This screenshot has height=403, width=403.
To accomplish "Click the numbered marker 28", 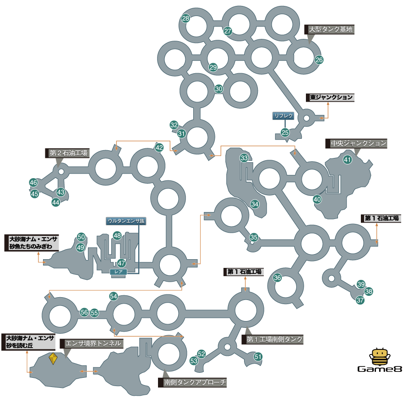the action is pyautogui.click(x=185, y=18).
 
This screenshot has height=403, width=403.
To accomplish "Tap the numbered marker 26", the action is pyautogui.click(x=319, y=60).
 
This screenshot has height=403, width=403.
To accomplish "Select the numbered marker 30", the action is pyautogui.click(x=219, y=89).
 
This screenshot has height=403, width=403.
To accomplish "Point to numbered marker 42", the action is pyautogui.click(x=159, y=147).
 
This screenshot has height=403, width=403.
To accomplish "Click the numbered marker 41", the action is pyautogui.click(x=348, y=160).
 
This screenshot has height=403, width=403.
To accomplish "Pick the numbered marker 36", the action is pyautogui.click(x=278, y=278).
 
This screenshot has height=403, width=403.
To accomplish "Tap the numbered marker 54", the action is pyautogui.click(x=114, y=296).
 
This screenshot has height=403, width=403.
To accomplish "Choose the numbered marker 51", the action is pyautogui.click(x=258, y=356).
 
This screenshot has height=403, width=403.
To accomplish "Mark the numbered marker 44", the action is pyautogui.click(x=56, y=202).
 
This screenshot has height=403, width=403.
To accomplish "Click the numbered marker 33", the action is pyautogui.click(x=244, y=158).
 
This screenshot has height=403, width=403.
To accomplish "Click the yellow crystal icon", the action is pyautogui.click(x=53, y=358).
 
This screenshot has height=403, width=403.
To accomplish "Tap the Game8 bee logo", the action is pyautogui.click(x=380, y=360).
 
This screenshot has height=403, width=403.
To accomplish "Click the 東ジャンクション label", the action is pyautogui.click(x=330, y=98).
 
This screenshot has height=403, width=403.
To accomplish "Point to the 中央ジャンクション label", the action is pyautogui.click(x=356, y=143).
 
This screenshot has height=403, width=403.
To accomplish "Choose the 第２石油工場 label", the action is pyautogui.click(x=67, y=153).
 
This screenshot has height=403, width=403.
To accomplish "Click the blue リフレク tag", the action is pyautogui.click(x=283, y=116).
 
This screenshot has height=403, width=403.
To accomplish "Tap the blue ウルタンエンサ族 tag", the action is pyautogui.click(x=126, y=221).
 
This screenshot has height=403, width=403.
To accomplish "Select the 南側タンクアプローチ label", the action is pyautogui.click(x=192, y=382).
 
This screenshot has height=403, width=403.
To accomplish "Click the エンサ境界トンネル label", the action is pyautogui.click(x=92, y=343).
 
